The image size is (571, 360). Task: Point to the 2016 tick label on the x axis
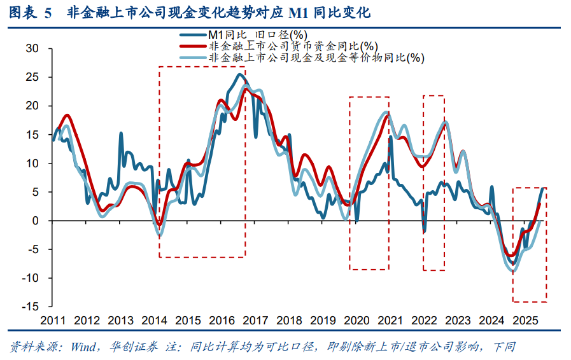click(222, 321)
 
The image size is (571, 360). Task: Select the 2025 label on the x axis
click(525, 321)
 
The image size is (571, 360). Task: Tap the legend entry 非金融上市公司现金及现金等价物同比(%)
click(316, 57)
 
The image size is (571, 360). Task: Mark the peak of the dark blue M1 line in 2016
click(239, 74)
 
